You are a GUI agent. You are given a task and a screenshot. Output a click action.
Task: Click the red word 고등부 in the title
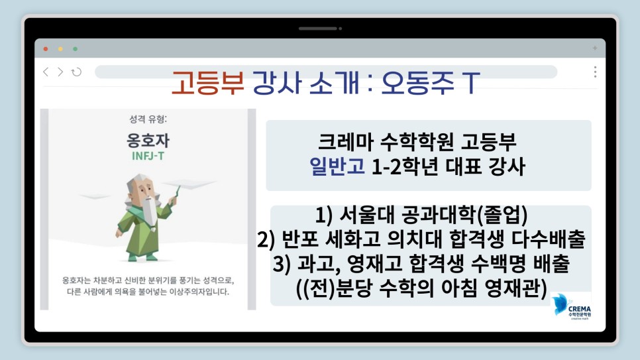pyautogui.click(x=207, y=83)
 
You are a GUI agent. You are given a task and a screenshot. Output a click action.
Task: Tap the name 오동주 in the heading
pyautogui.click(x=417, y=83)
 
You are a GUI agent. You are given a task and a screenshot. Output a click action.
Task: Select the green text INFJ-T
pyautogui.click(x=148, y=156)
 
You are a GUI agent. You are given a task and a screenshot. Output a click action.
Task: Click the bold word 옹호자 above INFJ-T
pyautogui.click(x=148, y=141)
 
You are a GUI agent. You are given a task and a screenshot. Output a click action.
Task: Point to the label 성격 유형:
pyautogui.click(x=148, y=119)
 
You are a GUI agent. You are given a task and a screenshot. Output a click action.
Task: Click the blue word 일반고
pyautogui.click(x=337, y=166)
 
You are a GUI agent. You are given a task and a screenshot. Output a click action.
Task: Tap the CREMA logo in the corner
pyautogui.click(x=571, y=306)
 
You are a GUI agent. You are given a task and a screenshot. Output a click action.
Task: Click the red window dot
pyautogui.click(x=46, y=49)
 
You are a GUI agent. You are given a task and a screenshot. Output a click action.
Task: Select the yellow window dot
pyautogui.click(x=60, y=49)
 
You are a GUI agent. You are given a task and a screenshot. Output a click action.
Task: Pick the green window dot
pyautogui.click(x=75, y=49)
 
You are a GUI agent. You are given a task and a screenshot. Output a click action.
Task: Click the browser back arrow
pyautogui.click(x=46, y=72)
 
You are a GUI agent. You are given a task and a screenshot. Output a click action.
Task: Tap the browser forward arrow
pyautogui.click(x=60, y=72)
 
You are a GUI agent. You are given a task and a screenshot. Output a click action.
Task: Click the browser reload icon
pyautogui.click(x=76, y=72)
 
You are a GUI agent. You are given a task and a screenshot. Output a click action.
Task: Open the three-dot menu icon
pyautogui.click(x=595, y=72)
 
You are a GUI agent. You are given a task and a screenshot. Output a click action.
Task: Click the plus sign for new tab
pyautogui.click(x=595, y=48)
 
